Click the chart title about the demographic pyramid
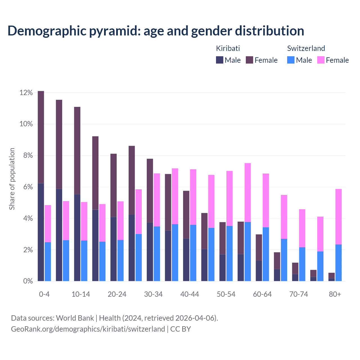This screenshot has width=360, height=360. click(x=156, y=31)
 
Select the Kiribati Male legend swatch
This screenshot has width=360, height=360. click(x=219, y=60)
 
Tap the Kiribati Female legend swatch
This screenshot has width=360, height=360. click(x=249, y=60)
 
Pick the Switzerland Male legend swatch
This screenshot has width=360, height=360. click(x=291, y=60)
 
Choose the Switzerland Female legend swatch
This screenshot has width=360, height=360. click(x=321, y=60)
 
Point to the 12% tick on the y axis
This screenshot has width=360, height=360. click(x=26, y=93)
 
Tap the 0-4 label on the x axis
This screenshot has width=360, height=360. click(x=44, y=294)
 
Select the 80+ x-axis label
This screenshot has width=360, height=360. click(x=335, y=294)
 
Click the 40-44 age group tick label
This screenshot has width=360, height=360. click(x=190, y=294)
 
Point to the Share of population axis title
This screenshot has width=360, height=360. click(x=12, y=179)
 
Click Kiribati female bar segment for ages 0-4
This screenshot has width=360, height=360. click(x=41, y=137)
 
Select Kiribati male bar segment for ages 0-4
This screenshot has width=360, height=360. click(x=41, y=232)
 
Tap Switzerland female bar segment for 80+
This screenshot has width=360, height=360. click(x=338, y=217)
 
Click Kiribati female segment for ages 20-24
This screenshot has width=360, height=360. click(x=113, y=185)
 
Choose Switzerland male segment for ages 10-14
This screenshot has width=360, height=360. click(x=84, y=261)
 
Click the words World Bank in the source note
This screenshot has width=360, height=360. click(x=75, y=318)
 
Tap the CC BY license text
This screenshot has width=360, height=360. click(x=181, y=329)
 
